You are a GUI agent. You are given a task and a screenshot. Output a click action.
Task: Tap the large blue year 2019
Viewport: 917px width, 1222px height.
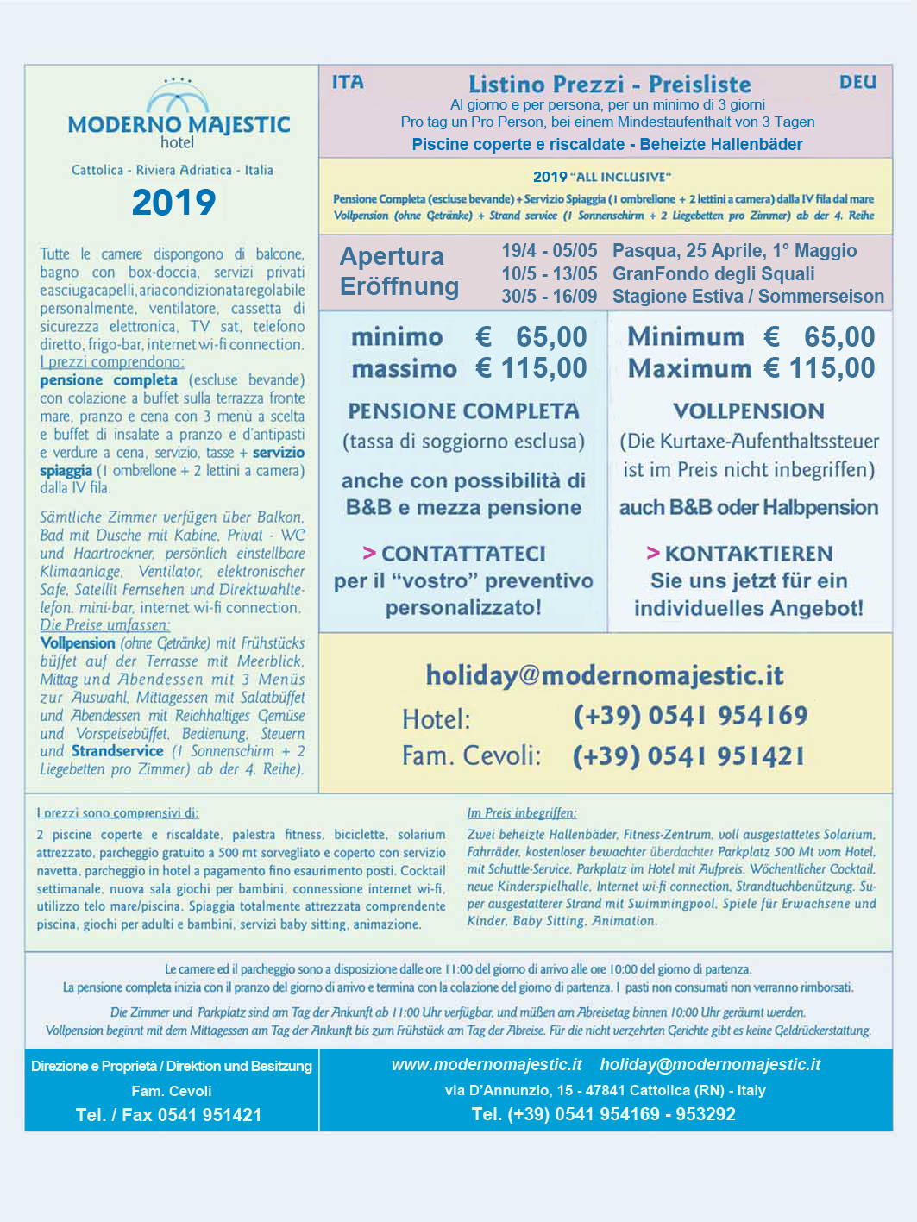coord(173,203)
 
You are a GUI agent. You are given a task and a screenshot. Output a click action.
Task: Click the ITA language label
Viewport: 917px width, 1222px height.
coord(348,83)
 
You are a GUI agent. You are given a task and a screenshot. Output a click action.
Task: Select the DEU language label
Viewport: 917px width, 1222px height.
coord(857,83)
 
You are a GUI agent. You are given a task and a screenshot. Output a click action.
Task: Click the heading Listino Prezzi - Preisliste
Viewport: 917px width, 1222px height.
coord(609,85)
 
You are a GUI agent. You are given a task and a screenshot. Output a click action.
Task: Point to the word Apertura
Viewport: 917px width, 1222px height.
coord(392,256)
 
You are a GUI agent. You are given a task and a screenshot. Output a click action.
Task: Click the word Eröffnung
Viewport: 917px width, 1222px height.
coord(399,286)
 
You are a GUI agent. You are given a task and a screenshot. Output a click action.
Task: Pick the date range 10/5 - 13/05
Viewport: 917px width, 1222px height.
coord(549,274)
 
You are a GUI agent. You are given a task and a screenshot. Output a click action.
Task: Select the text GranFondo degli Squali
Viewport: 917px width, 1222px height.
coord(713,274)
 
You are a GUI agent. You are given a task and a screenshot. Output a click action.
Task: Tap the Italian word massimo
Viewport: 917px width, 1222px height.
coord(404,369)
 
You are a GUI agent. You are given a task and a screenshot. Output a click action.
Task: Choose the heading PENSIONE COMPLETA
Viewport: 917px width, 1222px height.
coord(463,411)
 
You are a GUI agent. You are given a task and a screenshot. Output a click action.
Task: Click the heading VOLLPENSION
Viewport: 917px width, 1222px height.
coord(749,411)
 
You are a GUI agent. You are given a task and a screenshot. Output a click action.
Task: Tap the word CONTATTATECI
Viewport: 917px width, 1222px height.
coord(463,554)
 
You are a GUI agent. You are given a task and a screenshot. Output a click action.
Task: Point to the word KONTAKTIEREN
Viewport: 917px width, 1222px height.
coord(748,554)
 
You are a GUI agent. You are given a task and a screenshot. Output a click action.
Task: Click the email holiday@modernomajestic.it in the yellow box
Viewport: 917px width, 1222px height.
coord(605,675)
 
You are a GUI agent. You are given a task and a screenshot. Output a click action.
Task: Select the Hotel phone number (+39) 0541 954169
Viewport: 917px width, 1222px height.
coord(690,716)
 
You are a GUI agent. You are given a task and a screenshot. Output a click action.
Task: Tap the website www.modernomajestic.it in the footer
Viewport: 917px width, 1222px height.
coord(487,1065)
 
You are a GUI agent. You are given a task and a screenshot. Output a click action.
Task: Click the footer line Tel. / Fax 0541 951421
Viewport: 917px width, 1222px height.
coord(168,1115)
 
